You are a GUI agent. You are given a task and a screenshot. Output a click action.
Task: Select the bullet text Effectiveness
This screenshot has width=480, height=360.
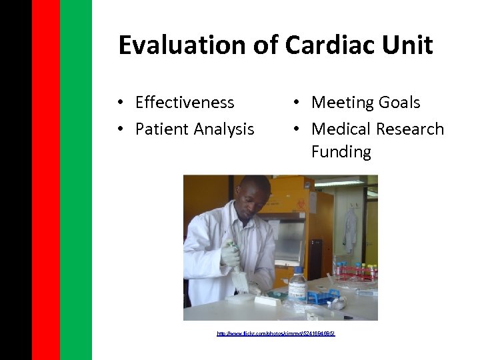pyautogui.click(x=185, y=102)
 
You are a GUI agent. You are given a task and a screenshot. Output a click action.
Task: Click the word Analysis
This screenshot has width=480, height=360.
pyautogui.click(x=223, y=129)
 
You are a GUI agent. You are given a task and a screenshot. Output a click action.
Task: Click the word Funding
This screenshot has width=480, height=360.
pyautogui.click(x=341, y=151)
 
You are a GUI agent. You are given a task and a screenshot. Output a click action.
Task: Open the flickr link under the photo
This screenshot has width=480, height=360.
pyautogui.click(x=276, y=333)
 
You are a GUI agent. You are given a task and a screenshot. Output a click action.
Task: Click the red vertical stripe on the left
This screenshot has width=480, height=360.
pyautogui.click(x=45, y=180)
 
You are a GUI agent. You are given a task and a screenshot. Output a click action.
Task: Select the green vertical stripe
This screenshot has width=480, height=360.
pyautogui.click(x=75, y=180)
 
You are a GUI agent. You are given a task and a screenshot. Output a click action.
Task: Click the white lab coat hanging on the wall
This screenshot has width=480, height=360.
pyautogui.click(x=350, y=229)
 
